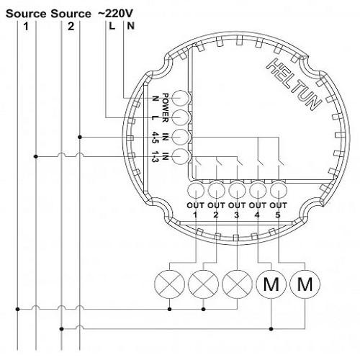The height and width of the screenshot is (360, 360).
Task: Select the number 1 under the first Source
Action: coord(27,27)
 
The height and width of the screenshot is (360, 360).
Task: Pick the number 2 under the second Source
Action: coord(70,27)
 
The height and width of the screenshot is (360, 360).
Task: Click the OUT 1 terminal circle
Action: coord(196,191)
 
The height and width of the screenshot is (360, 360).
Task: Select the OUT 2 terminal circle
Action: coord(217,191)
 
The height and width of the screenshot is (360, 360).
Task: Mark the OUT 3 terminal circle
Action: coord(237,191)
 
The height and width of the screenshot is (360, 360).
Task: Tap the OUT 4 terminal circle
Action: coord(258,191)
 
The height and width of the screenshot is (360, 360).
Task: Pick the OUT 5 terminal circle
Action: coord(279,191)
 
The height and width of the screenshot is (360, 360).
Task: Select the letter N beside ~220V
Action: coord(130,27)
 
